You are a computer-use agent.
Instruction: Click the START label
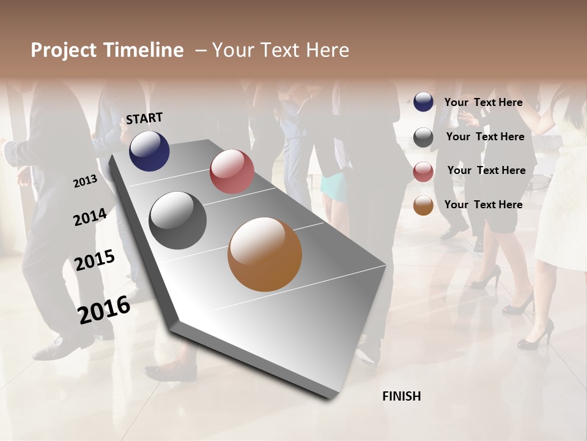144,118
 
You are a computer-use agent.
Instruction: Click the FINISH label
401,396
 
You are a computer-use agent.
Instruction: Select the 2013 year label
86,181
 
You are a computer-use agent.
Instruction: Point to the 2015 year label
95,260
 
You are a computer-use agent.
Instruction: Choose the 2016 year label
104,309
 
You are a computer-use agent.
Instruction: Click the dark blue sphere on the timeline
149,151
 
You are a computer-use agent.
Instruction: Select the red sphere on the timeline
232,171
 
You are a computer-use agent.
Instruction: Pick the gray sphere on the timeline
177,221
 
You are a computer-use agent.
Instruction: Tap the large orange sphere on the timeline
265,254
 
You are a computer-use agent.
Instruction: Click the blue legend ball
423,102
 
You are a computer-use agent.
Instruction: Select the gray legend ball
423,137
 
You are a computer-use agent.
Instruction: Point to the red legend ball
423,171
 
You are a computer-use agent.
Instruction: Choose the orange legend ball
423,205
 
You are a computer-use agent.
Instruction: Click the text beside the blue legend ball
483,102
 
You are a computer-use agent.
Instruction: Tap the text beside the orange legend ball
483,205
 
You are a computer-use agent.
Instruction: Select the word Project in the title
63,50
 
